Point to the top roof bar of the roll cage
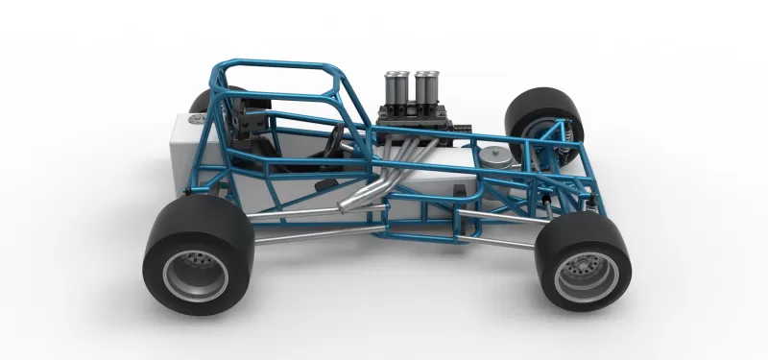[278, 66]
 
